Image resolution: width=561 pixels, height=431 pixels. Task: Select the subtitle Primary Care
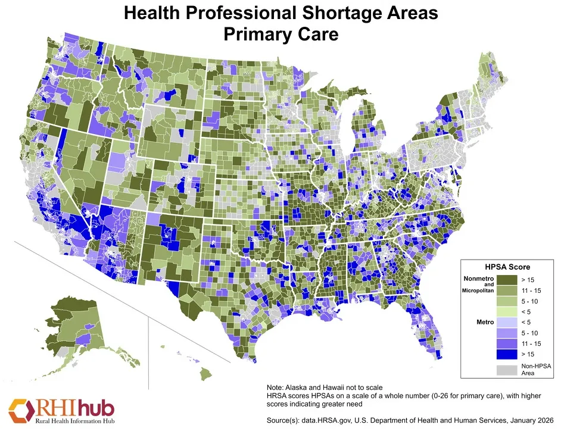pyautogui.click(x=280, y=35)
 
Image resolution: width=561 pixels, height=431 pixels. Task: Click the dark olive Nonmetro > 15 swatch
pyautogui.click(x=507, y=279)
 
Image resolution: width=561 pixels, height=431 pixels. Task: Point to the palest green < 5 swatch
pyautogui.click(x=507, y=311)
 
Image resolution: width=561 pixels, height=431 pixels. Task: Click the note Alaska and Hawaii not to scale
pyautogui.click(x=321, y=388)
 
